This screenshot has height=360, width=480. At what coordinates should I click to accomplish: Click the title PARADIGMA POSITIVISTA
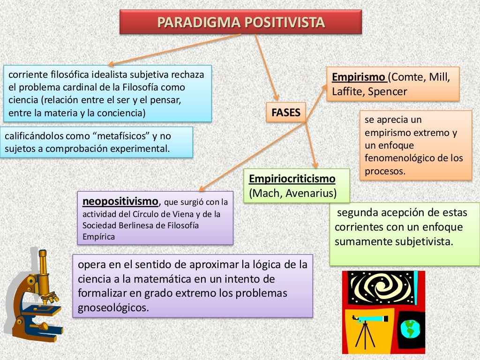240,22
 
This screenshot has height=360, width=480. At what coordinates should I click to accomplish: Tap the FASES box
285,113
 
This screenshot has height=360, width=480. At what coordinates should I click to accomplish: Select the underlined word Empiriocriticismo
292,179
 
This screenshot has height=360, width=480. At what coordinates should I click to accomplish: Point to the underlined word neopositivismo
120,202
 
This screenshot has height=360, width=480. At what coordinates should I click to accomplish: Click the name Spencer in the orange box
387,91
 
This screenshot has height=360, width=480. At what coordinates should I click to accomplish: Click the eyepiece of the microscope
43,256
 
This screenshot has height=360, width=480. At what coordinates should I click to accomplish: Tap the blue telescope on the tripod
370,319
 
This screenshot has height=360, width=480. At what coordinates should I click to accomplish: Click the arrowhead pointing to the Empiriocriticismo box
315,165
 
